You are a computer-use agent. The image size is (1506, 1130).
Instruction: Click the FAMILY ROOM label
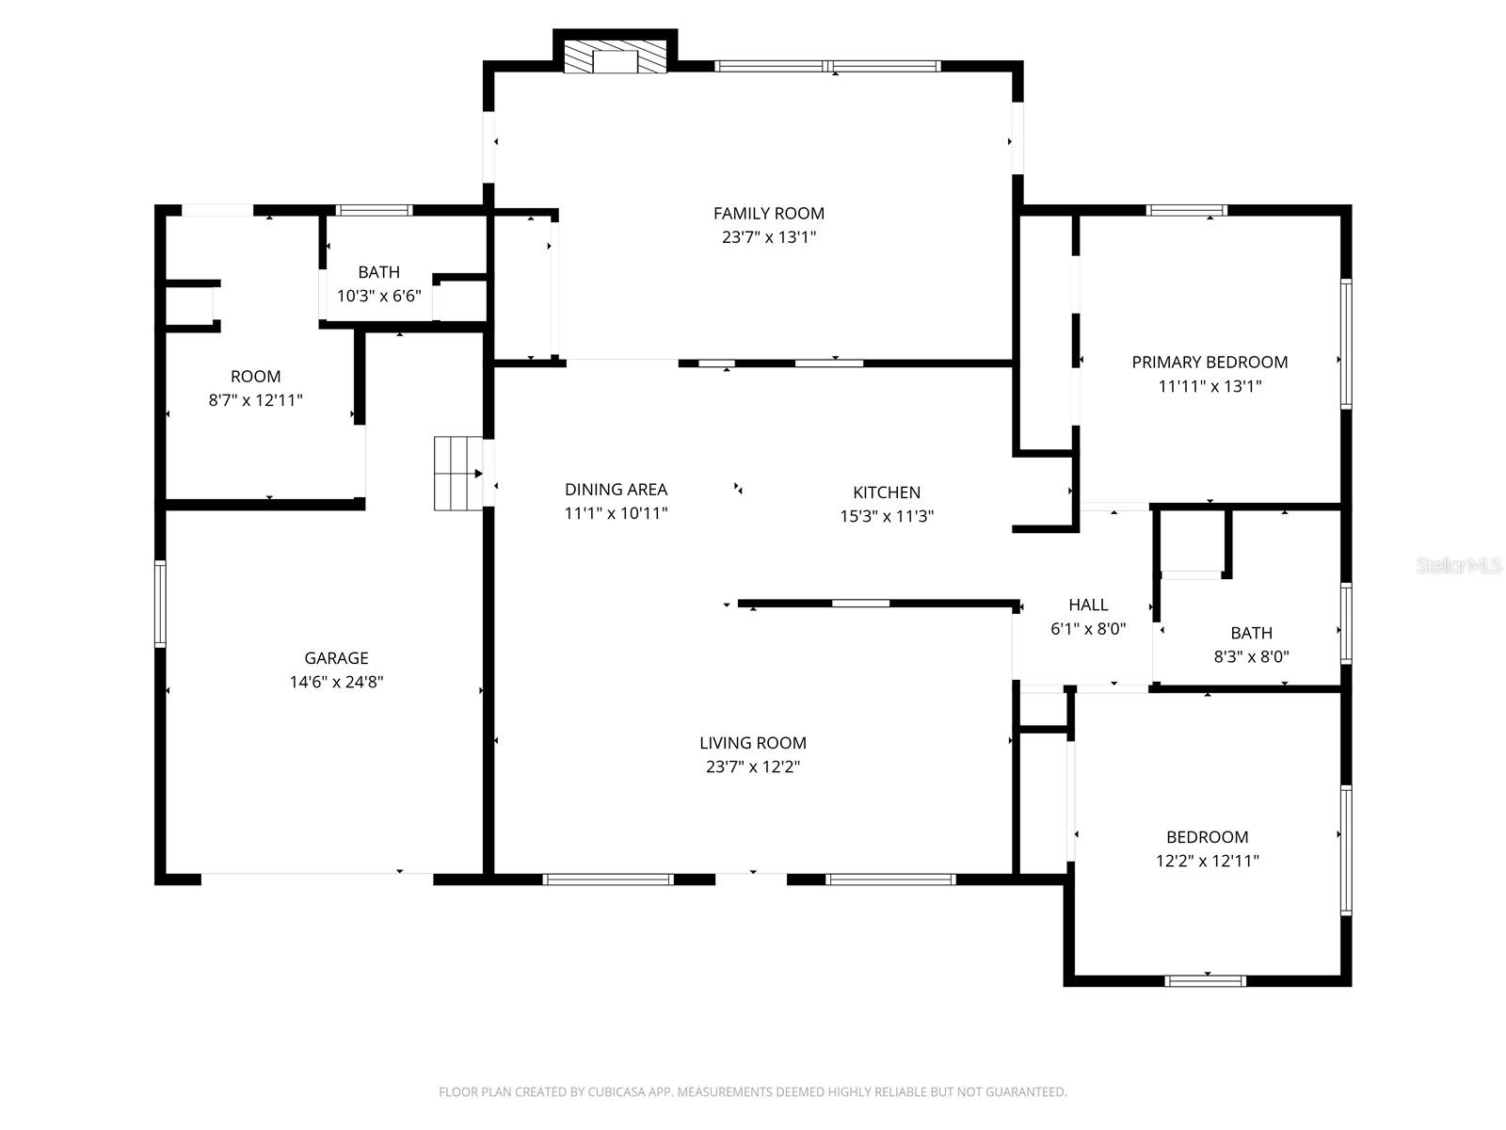point(768,214)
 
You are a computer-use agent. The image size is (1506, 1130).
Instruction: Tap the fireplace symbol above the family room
point(615,56)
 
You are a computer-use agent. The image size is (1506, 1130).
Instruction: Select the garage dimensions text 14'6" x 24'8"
point(336,682)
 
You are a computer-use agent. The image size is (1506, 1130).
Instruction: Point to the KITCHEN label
point(886,492)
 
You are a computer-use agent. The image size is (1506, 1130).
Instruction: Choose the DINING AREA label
point(616,490)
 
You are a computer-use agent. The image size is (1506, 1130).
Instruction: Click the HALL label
point(1087,605)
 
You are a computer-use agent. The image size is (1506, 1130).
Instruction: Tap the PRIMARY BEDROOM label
point(1209,363)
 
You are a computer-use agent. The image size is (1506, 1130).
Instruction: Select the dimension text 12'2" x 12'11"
point(1207,861)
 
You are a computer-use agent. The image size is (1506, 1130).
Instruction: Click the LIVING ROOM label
point(752,743)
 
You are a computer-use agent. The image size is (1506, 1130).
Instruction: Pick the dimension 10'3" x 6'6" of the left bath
point(378,296)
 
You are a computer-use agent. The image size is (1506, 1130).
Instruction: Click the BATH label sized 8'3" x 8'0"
point(1251,634)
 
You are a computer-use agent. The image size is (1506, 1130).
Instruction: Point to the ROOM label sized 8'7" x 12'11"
point(255,377)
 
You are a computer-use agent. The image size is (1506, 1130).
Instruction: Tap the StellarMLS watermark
point(1458,566)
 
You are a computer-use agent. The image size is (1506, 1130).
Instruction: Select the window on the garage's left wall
point(160,604)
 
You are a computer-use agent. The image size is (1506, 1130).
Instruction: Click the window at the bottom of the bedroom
point(1205,980)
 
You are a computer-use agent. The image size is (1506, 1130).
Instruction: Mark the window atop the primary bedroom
point(1186,210)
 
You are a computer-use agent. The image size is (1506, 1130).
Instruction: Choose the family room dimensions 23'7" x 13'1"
point(768,237)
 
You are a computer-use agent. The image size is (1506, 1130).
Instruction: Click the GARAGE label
point(336,658)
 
